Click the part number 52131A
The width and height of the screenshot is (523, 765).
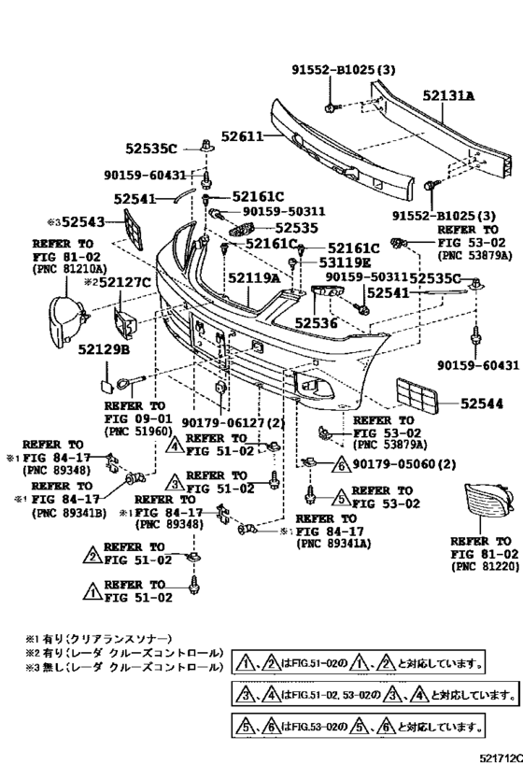pos(449,95)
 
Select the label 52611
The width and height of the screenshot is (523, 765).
pos(241,137)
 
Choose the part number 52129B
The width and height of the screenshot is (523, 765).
pos(104,348)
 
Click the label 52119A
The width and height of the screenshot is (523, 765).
pos(255,277)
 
